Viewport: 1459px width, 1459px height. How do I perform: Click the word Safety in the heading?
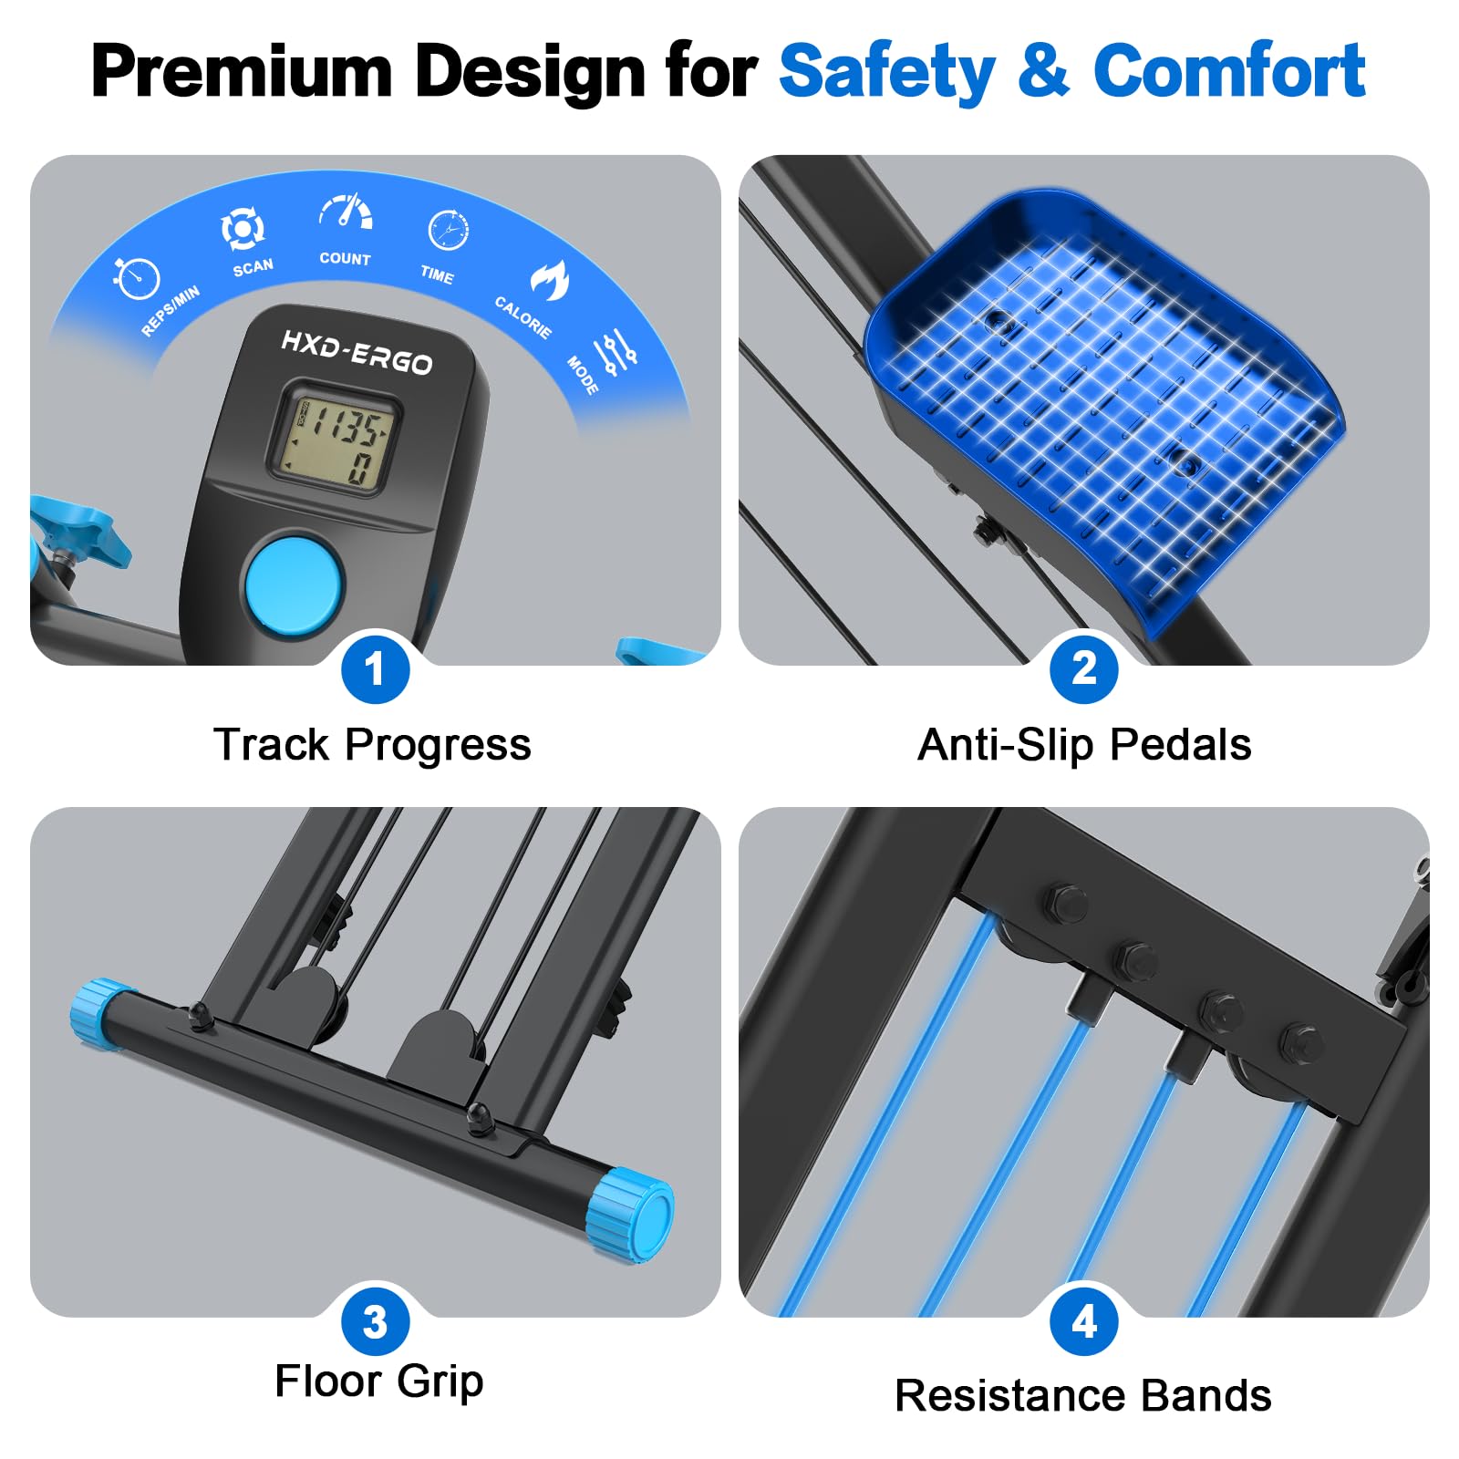886,71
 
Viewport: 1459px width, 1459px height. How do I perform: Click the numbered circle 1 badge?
375,669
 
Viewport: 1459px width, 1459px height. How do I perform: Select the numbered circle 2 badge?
1083,669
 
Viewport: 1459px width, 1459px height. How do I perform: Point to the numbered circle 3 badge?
375,1322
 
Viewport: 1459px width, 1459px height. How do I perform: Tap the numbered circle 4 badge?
1083,1322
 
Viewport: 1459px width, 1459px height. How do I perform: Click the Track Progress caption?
372,745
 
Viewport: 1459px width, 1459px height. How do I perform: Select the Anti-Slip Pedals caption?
1084,745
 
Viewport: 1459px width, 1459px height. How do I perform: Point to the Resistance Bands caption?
1083,1396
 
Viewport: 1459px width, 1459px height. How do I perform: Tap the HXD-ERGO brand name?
357,353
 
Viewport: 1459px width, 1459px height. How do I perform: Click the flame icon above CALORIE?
549,280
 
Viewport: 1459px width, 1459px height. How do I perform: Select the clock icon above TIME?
449,230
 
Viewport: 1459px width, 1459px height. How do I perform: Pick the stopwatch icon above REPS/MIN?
137,278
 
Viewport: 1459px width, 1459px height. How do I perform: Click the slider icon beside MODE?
616,351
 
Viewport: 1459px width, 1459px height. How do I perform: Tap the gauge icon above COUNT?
346,212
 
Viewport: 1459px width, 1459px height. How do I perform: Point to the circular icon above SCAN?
243,229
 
